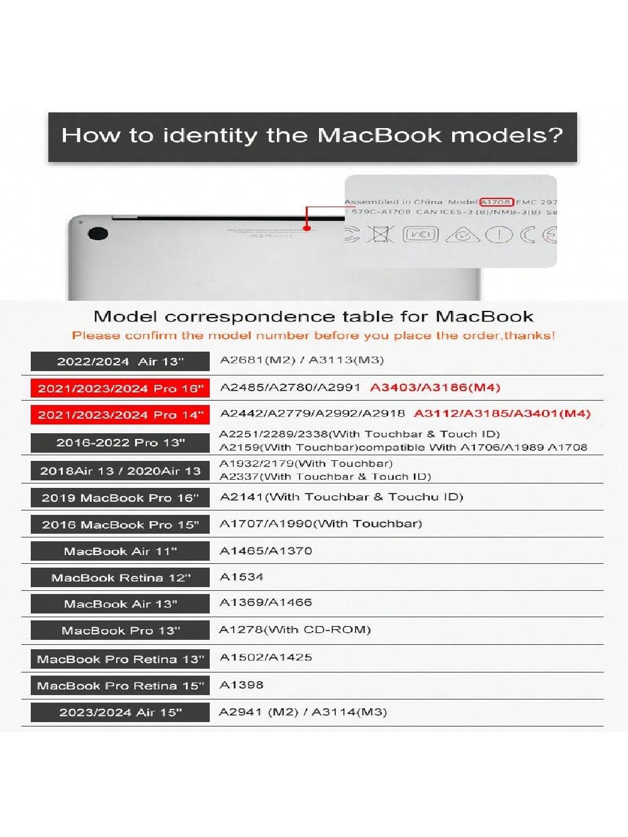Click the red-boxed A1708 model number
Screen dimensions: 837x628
click(x=497, y=202)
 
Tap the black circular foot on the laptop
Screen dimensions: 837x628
click(x=97, y=234)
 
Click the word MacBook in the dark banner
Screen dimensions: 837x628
click(x=379, y=136)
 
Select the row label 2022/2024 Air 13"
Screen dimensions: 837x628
click(x=120, y=362)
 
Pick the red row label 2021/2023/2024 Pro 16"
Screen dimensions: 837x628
click(x=120, y=389)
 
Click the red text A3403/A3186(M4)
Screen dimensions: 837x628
click(x=435, y=387)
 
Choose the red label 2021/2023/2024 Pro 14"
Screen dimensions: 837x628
click(x=120, y=415)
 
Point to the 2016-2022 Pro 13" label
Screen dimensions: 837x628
click(x=120, y=443)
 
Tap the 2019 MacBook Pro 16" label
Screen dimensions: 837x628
click(x=120, y=498)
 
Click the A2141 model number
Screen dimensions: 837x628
click(x=242, y=497)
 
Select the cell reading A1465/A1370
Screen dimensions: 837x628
click(x=266, y=551)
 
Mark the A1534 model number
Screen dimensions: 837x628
click(x=242, y=577)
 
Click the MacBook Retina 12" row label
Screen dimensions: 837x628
click(x=120, y=578)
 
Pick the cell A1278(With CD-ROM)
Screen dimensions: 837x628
click(x=295, y=630)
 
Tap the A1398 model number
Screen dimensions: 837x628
click(x=242, y=685)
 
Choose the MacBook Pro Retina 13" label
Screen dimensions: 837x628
click(x=120, y=659)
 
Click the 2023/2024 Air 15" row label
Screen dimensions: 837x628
click(x=120, y=713)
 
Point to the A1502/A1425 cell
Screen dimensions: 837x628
click(x=266, y=657)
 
